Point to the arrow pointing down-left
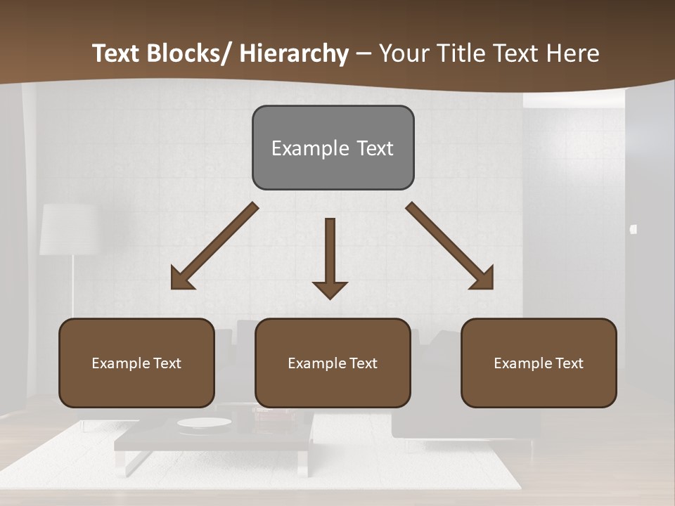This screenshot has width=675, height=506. click(214, 246)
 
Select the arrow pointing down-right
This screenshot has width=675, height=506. click(450, 246)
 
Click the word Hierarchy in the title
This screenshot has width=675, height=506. click(294, 53)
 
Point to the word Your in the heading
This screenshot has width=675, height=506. click(405, 53)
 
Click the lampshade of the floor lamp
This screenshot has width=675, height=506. click(68, 229)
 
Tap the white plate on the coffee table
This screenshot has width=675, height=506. click(204, 422)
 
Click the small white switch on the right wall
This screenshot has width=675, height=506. click(634, 229)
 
